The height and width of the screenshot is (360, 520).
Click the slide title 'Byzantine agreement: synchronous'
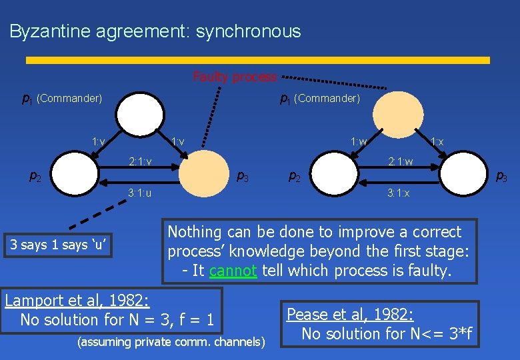(155, 31)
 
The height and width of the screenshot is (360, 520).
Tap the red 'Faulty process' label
(234, 77)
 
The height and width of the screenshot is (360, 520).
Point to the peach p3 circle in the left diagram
(205, 175)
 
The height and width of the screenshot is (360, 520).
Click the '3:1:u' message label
(140, 193)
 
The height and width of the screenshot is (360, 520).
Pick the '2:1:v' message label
(140, 161)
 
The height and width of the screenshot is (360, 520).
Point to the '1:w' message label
(359, 141)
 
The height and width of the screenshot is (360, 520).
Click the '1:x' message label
(437, 141)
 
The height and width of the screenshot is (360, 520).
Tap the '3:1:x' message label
(399, 193)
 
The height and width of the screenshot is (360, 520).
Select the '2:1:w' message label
(401, 161)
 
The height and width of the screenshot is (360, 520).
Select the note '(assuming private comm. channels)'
(171, 342)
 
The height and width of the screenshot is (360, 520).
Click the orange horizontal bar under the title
(257, 60)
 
